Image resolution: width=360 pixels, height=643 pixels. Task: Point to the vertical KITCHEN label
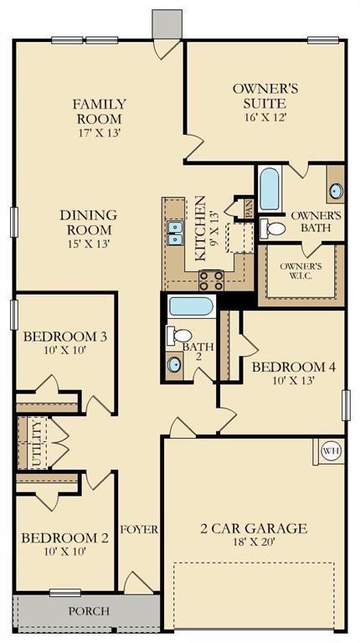point(201,229)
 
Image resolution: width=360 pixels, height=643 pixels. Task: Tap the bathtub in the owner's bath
point(270,189)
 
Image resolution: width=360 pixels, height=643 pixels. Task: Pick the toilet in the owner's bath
point(273,228)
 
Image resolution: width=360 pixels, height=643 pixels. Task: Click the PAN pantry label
point(249,206)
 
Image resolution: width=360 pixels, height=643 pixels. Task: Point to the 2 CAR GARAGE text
point(253,528)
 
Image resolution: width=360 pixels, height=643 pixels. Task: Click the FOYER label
point(139,530)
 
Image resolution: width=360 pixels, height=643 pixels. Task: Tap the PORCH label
point(89,611)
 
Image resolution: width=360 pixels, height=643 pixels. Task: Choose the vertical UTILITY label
point(35,443)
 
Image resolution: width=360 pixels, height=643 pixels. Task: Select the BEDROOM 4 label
point(293,367)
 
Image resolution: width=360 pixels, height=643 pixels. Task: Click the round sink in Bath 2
point(174,364)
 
